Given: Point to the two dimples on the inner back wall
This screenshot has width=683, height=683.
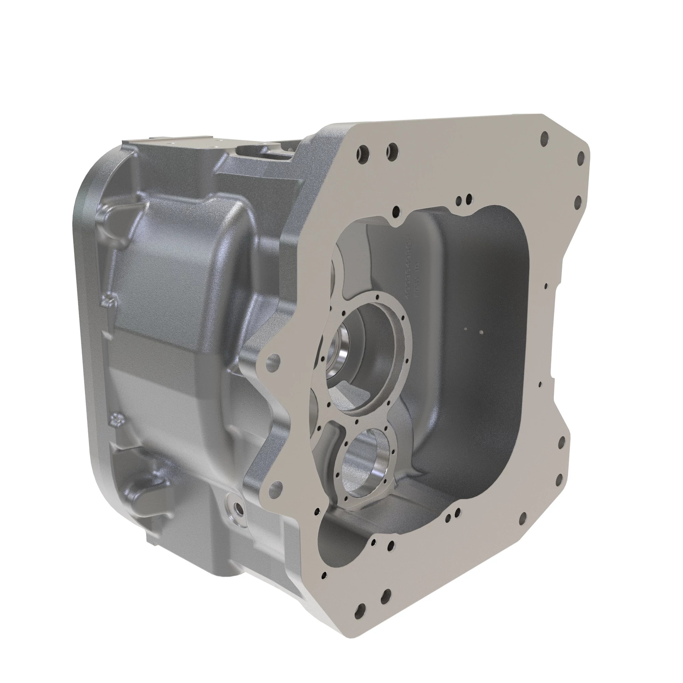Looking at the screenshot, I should (x=473, y=330).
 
